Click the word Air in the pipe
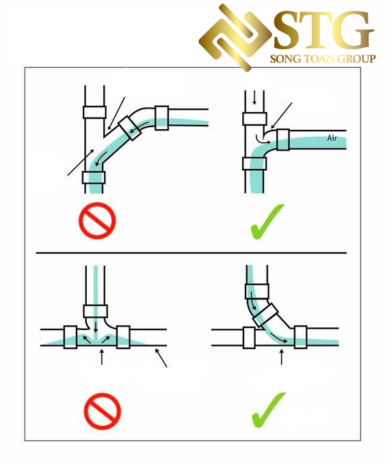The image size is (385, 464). (332, 138)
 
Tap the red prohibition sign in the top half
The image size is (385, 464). (97, 221)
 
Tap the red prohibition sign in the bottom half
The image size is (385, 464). (103, 411)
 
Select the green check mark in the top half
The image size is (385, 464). (267, 221)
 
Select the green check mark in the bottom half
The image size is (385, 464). (267, 410)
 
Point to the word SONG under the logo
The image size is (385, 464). (284, 59)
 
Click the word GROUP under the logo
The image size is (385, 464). (356, 59)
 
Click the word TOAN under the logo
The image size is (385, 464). (319, 59)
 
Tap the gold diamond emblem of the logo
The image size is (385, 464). (235, 38)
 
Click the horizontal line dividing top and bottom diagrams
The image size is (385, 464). (191, 253)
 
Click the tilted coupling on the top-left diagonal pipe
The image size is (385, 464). (130, 128)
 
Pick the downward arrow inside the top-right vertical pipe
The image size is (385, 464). (254, 98)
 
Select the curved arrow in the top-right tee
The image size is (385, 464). (263, 140)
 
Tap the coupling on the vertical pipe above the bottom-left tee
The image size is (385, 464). (95, 311)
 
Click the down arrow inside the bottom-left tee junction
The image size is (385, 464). (95, 327)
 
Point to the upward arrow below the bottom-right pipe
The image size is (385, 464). (281, 357)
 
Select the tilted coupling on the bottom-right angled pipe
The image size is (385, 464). (265, 316)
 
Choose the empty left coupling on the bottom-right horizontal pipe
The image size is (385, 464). (249, 338)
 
